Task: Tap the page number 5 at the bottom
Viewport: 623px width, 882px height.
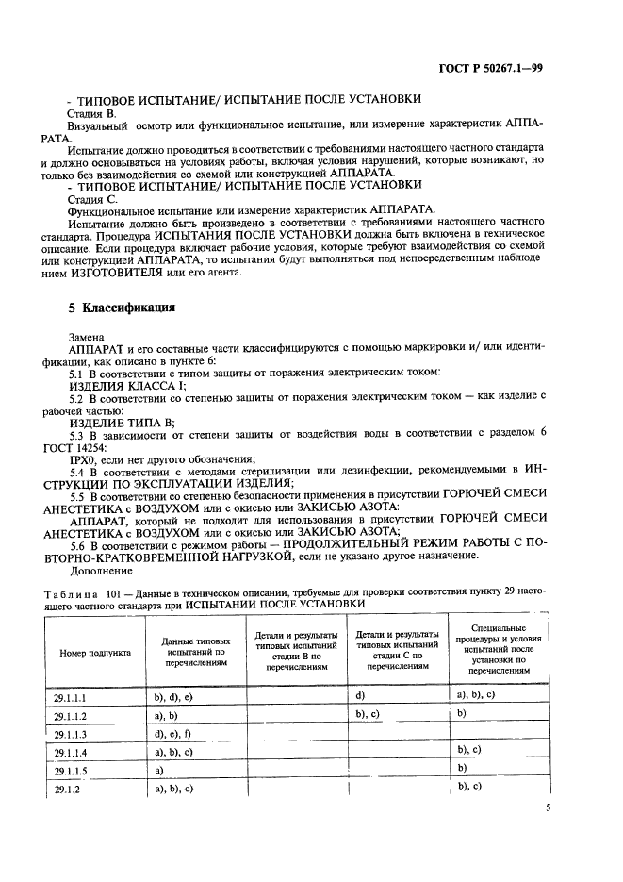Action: (549, 807)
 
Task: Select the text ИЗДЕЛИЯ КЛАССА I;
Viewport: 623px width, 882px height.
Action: (128, 385)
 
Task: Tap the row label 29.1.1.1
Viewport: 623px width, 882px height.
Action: (71, 697)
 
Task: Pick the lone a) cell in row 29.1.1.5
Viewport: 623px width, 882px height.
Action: (158, 770)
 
